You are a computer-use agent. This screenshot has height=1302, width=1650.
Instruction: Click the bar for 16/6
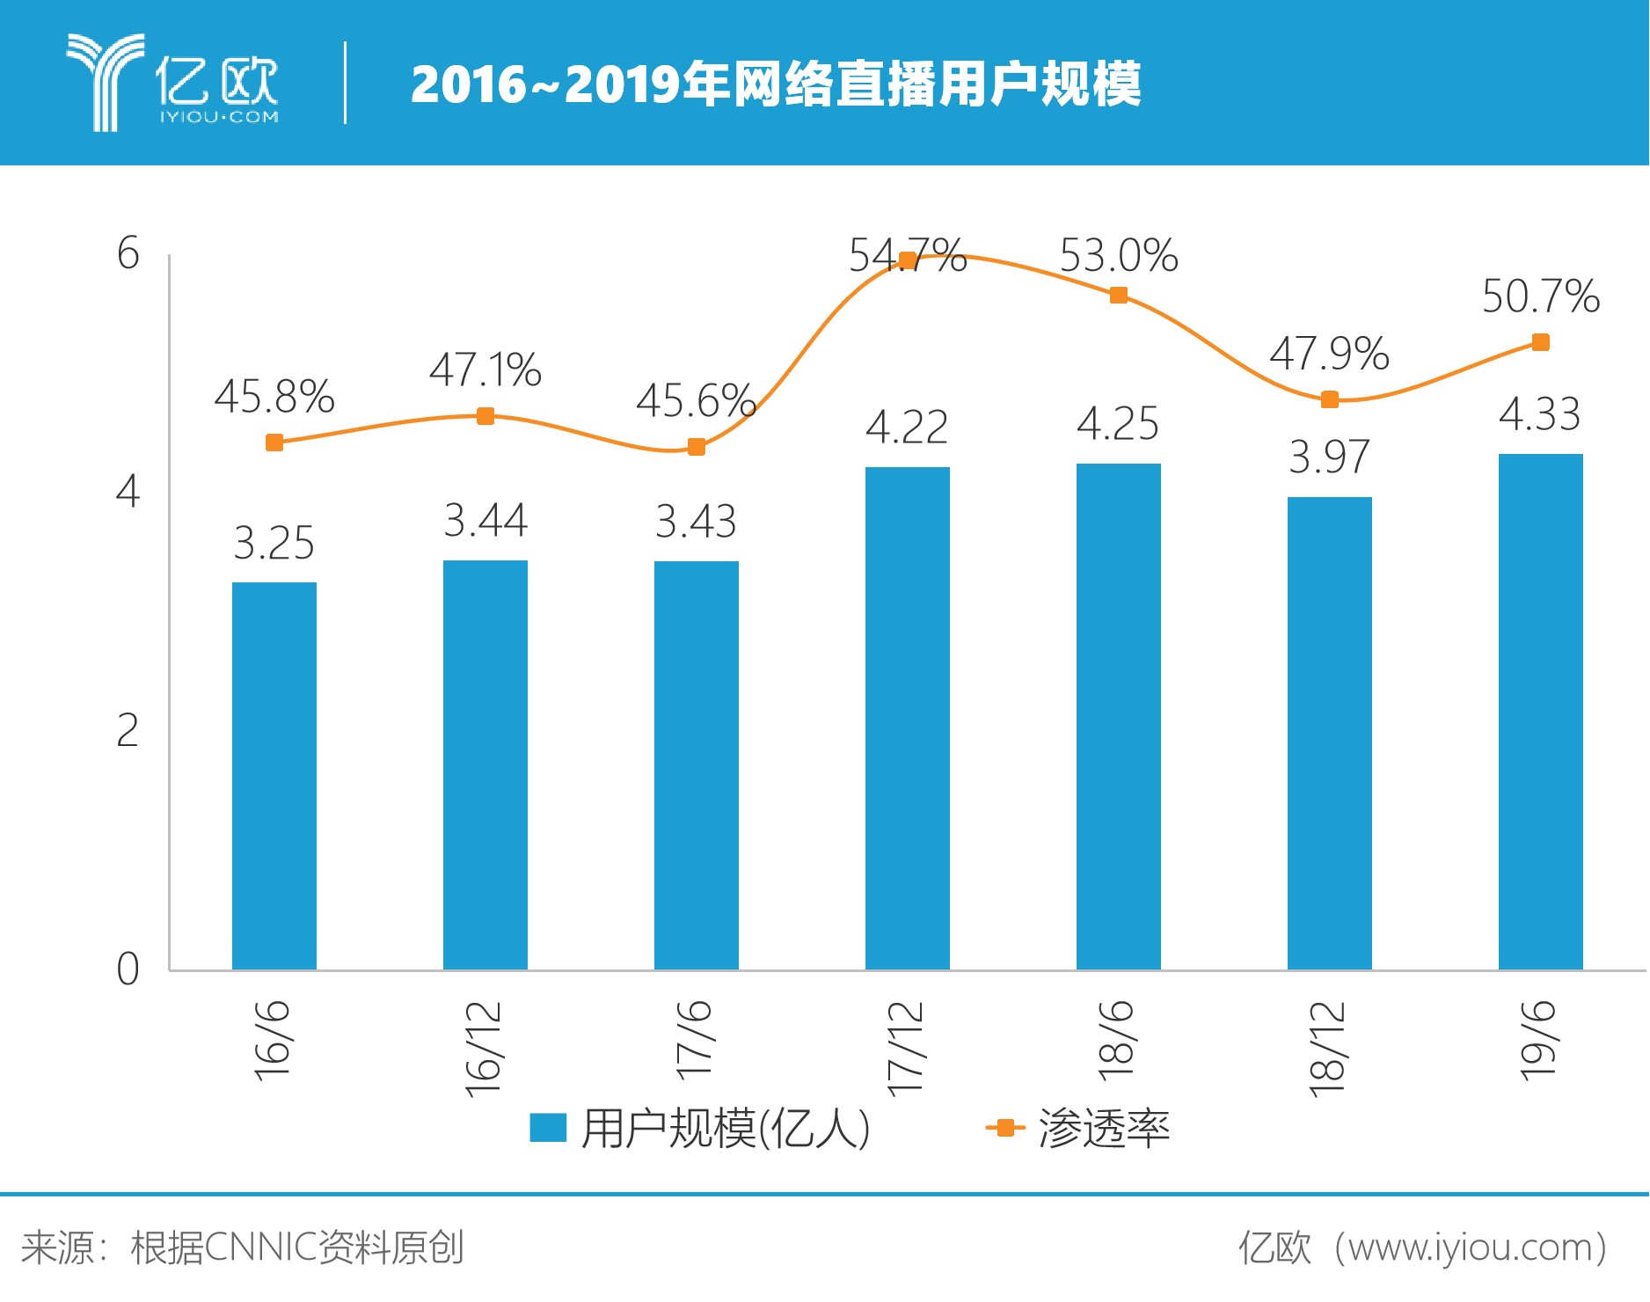tap(274, 776)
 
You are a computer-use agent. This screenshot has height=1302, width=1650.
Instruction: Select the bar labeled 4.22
tap(907, 718)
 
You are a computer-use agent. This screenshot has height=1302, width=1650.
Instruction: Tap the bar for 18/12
tap(1329, 733)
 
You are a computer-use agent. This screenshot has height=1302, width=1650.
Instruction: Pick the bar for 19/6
tap(1540, 712)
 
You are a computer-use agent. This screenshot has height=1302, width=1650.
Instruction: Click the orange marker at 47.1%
tap(485, 416)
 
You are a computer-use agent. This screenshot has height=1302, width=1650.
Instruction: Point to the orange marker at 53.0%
tap(1118, 295)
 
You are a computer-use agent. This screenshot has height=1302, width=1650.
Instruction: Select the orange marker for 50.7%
tap(1540, 342)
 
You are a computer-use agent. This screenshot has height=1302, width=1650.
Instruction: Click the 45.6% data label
tap(695, 401)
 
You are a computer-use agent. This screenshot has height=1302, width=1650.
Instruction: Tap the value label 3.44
tap(485, 520)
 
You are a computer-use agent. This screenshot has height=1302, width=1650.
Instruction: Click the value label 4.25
tap(1118, 424)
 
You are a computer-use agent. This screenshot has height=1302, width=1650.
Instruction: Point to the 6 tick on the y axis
tap(128, 254)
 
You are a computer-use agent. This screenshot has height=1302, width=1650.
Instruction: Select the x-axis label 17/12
tap(907, 1048)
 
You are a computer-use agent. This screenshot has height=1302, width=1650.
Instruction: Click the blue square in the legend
tap(547, 1127)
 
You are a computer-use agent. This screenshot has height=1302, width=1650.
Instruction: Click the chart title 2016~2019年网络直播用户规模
tap(775, 84)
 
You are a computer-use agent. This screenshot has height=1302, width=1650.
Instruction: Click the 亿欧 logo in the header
tap(172, 83)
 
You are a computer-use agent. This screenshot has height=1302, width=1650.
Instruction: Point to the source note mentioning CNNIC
tap(243, 1247)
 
